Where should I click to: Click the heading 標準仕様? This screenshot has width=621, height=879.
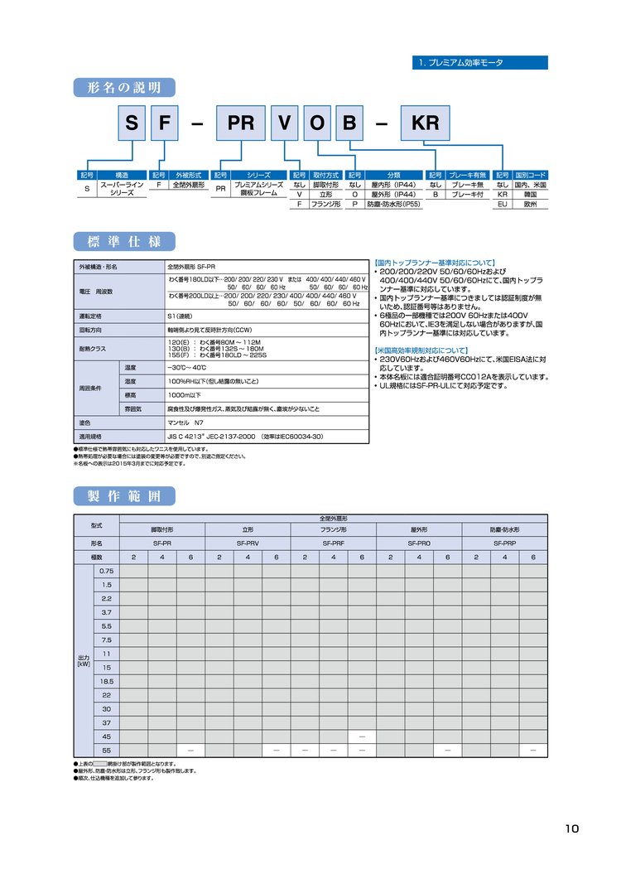(124, 242)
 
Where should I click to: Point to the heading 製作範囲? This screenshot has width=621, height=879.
(124, 496)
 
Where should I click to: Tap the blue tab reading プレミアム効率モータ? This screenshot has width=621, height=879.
(479, 63)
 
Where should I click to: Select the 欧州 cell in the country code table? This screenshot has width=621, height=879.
(530, 203)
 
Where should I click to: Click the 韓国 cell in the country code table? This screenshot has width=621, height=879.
(530, 194)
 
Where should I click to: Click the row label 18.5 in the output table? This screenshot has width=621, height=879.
(106, 680)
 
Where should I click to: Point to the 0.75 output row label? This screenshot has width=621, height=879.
(106, 571)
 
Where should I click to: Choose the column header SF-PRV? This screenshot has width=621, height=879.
(248, 543)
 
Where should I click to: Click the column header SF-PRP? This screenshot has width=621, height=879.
(504, 543)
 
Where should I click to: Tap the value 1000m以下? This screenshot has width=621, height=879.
(183, 395)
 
